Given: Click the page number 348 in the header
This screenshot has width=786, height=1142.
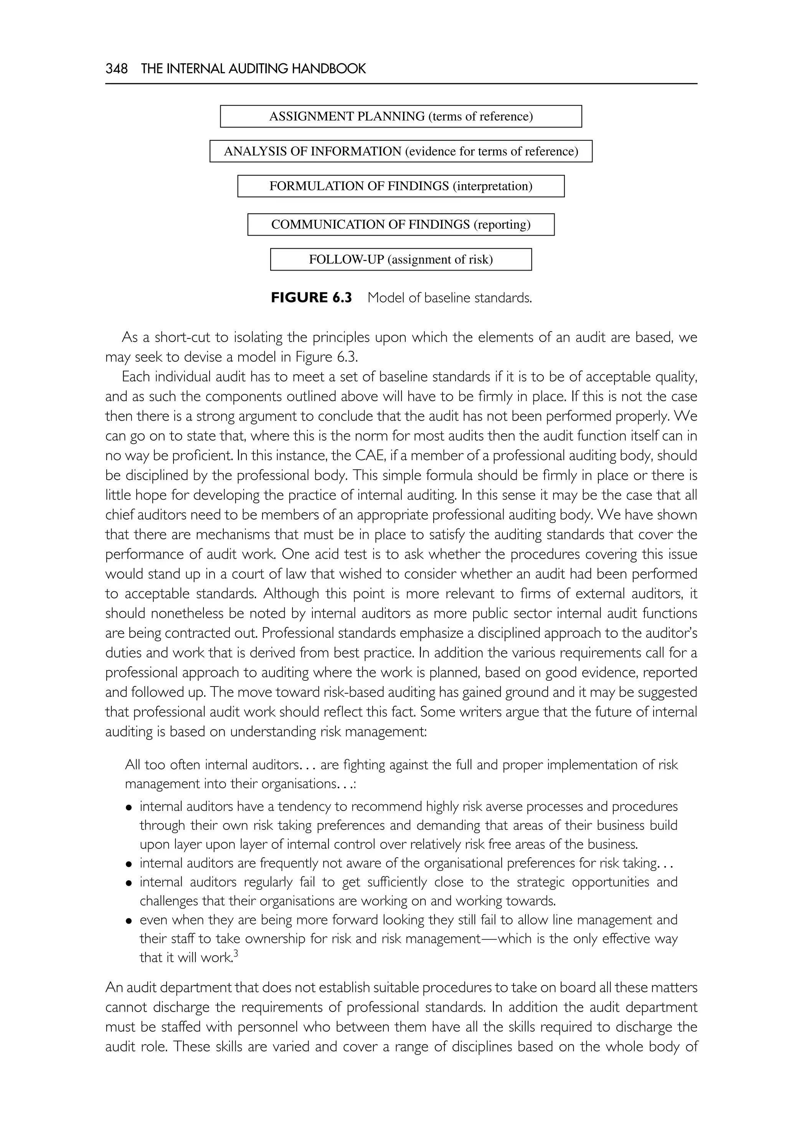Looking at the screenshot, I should (116, 69).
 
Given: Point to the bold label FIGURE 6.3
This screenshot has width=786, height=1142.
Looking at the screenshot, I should (311, 298).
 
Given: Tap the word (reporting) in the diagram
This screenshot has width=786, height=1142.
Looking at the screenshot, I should (502, 225).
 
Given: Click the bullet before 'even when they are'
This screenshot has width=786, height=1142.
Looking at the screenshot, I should (129, 921).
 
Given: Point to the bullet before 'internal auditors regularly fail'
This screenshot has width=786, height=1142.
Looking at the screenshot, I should (129, 883).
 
